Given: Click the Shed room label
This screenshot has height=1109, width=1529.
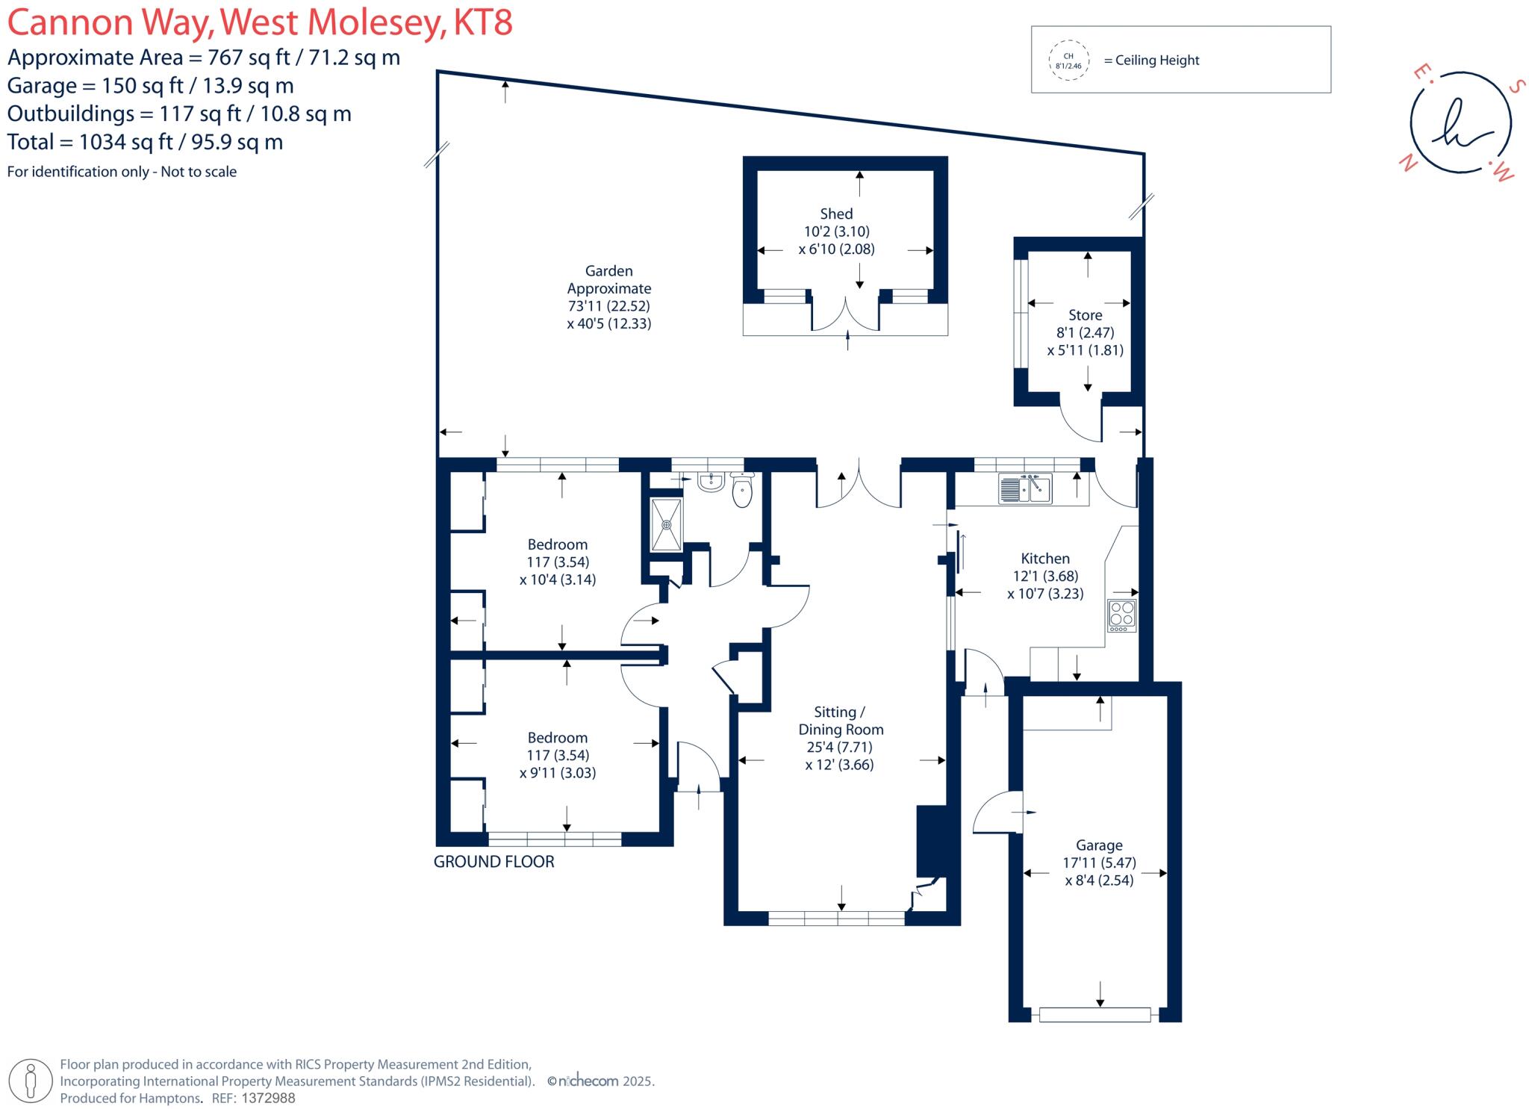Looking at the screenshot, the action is pos(836,214).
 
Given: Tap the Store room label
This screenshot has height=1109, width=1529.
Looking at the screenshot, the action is pos(1085,315).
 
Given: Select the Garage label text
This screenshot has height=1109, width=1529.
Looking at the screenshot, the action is pos(1099,845).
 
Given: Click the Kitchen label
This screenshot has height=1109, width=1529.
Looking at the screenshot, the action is pos(1045,559).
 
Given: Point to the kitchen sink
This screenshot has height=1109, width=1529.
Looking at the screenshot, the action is pos(1025,488).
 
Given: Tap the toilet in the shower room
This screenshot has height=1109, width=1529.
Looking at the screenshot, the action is pos(742,489).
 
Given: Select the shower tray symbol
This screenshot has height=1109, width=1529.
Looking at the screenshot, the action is pos(666,524).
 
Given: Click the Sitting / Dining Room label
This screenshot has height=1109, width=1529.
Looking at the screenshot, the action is pos(841,721).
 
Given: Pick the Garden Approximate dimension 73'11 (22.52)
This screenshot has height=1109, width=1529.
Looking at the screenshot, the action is pos(608,306).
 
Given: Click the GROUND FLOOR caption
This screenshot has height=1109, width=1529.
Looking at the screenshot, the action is pos(494,862).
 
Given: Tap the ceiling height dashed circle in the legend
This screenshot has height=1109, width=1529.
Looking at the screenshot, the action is pos(1068,60).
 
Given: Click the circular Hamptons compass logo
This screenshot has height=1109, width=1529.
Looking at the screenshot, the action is pos(1460,123).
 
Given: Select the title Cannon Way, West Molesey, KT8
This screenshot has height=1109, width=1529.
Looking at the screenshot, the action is pos(261,22).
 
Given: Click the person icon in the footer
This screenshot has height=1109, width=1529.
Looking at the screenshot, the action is pos(31,1081).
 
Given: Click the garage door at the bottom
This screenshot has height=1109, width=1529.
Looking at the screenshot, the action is pos(1094,1014).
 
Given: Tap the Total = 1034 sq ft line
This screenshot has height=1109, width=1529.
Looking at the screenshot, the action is pos(146,142).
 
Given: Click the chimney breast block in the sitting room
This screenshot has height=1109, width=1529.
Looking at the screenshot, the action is pos(931,841).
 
